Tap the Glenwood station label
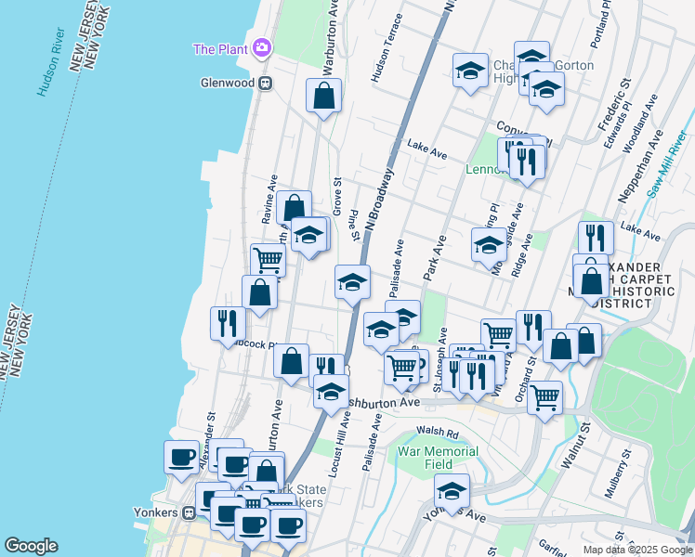(x=226, y=82)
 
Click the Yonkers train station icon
(x=189, y=511)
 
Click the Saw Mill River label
(x=668, y=168)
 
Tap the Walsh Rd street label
(x=438, y=431)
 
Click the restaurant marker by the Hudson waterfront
(x=228, y=323)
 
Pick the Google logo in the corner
(x=31, y=546)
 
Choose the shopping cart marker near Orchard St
(x=544, y=396)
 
